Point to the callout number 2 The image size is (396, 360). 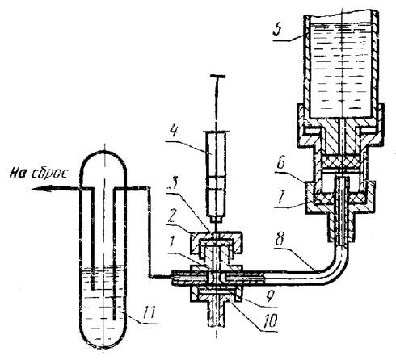[173, 216]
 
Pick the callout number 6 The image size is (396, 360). [281, 163]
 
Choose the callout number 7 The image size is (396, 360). [281, 199]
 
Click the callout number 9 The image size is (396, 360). [270, 298]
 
